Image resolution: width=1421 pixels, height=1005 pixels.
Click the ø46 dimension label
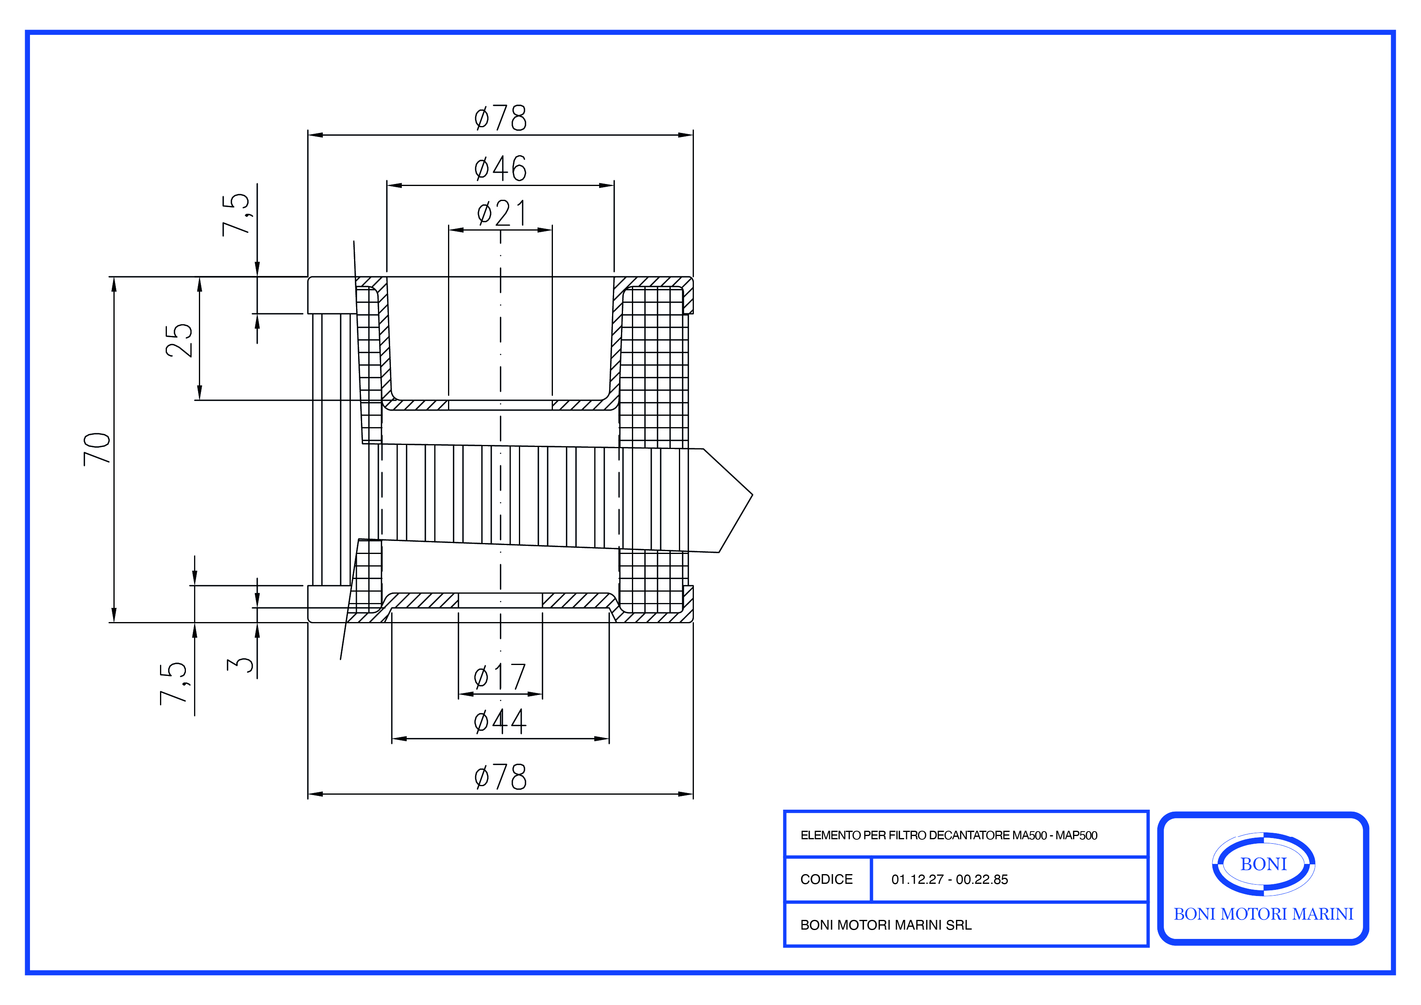(500, 169)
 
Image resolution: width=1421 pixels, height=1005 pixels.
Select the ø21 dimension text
(501, 214)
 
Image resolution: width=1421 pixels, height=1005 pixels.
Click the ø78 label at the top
(500, 118)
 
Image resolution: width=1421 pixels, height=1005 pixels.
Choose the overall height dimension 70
(97, 449)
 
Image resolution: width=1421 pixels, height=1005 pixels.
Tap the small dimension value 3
(241, 665)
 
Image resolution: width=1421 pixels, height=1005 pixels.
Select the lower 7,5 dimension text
(173, 683)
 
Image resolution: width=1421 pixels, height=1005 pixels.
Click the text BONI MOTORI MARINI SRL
(885, 925)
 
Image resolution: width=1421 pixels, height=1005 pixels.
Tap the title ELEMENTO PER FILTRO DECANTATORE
(948, 835)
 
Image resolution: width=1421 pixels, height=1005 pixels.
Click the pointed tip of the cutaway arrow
(751, 495)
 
